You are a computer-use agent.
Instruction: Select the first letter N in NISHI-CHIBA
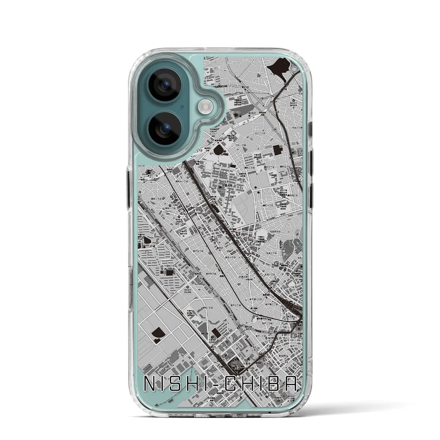148,385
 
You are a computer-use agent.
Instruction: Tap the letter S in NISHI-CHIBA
183,385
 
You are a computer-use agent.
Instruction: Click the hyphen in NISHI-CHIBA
216,385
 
